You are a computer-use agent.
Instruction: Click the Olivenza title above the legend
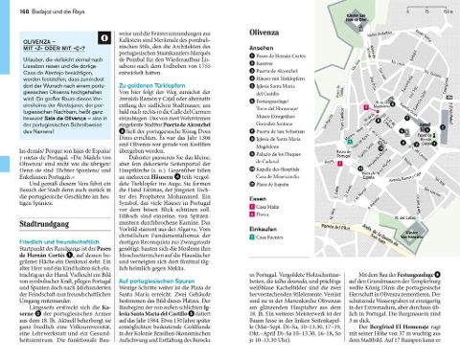[x=255, y=32]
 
